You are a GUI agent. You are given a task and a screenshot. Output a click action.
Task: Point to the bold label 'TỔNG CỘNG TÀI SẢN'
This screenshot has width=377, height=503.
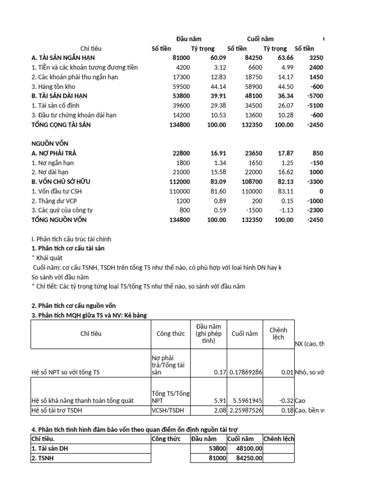pos(61,125)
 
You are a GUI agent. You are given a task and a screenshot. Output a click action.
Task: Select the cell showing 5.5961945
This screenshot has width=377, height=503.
pos(244,400)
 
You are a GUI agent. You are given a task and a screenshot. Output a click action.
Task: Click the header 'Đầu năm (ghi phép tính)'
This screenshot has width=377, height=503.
pos(208,334)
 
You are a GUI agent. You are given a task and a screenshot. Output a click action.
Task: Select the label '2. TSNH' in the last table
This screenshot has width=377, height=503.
pos(44,458)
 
